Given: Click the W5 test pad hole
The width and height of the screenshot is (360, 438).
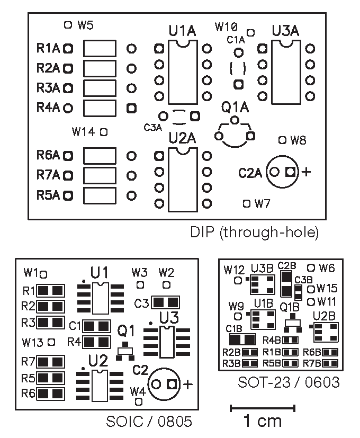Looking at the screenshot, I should click(67, 24).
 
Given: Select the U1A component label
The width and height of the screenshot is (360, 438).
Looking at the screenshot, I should click(182, 31).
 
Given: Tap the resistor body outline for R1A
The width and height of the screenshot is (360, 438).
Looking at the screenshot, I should click(100, 49).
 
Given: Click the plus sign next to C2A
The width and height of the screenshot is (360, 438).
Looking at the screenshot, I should click(306, 172).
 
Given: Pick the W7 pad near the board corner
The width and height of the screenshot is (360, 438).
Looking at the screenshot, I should click(246, 203).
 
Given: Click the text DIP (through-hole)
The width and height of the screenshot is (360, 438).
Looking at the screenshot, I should click(254, 232).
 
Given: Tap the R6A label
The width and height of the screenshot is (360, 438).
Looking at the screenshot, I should click(49, 155).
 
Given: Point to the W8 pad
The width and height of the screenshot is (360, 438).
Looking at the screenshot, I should click(282, 140).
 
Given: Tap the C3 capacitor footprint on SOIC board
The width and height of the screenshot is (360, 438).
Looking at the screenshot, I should click(165, 302).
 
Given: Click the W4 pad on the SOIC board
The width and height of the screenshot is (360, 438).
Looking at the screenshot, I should click(139, 402).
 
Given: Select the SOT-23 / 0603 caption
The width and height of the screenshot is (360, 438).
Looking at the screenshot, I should click(289, 381).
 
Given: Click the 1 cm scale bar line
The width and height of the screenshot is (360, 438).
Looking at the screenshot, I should click(262, 407).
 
